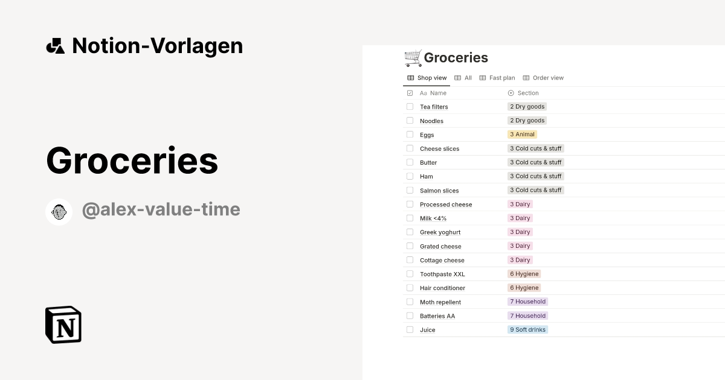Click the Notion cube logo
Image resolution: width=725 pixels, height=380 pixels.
point(63,325)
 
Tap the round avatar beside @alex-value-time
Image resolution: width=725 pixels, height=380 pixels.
point(59,212)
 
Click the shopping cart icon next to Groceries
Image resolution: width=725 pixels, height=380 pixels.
point(413,58)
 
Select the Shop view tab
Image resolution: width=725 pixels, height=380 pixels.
point(427,78)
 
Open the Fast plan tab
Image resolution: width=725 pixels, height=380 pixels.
point(497,78)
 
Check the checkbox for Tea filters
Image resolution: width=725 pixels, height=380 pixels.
point(410,107)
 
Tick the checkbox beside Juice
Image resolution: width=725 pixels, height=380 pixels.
point(410,330)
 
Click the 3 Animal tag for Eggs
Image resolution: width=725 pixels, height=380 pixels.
point(523,135)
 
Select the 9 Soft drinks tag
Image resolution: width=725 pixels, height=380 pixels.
point(527,330)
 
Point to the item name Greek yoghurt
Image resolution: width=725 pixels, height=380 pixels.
point(440,232)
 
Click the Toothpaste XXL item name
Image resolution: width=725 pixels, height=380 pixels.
point(442,274)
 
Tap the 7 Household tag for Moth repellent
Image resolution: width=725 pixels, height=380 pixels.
point(527,302)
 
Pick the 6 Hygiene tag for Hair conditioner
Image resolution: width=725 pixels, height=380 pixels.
point(524,288)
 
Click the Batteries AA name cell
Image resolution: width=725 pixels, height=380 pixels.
point(437,316)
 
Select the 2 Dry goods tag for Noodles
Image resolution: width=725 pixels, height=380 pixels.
point(527,121)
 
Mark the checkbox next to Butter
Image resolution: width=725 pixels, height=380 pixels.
point(410,162)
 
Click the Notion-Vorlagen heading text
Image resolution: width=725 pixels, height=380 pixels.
point(157,46)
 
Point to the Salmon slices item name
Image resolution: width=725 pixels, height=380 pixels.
point(439,191)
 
